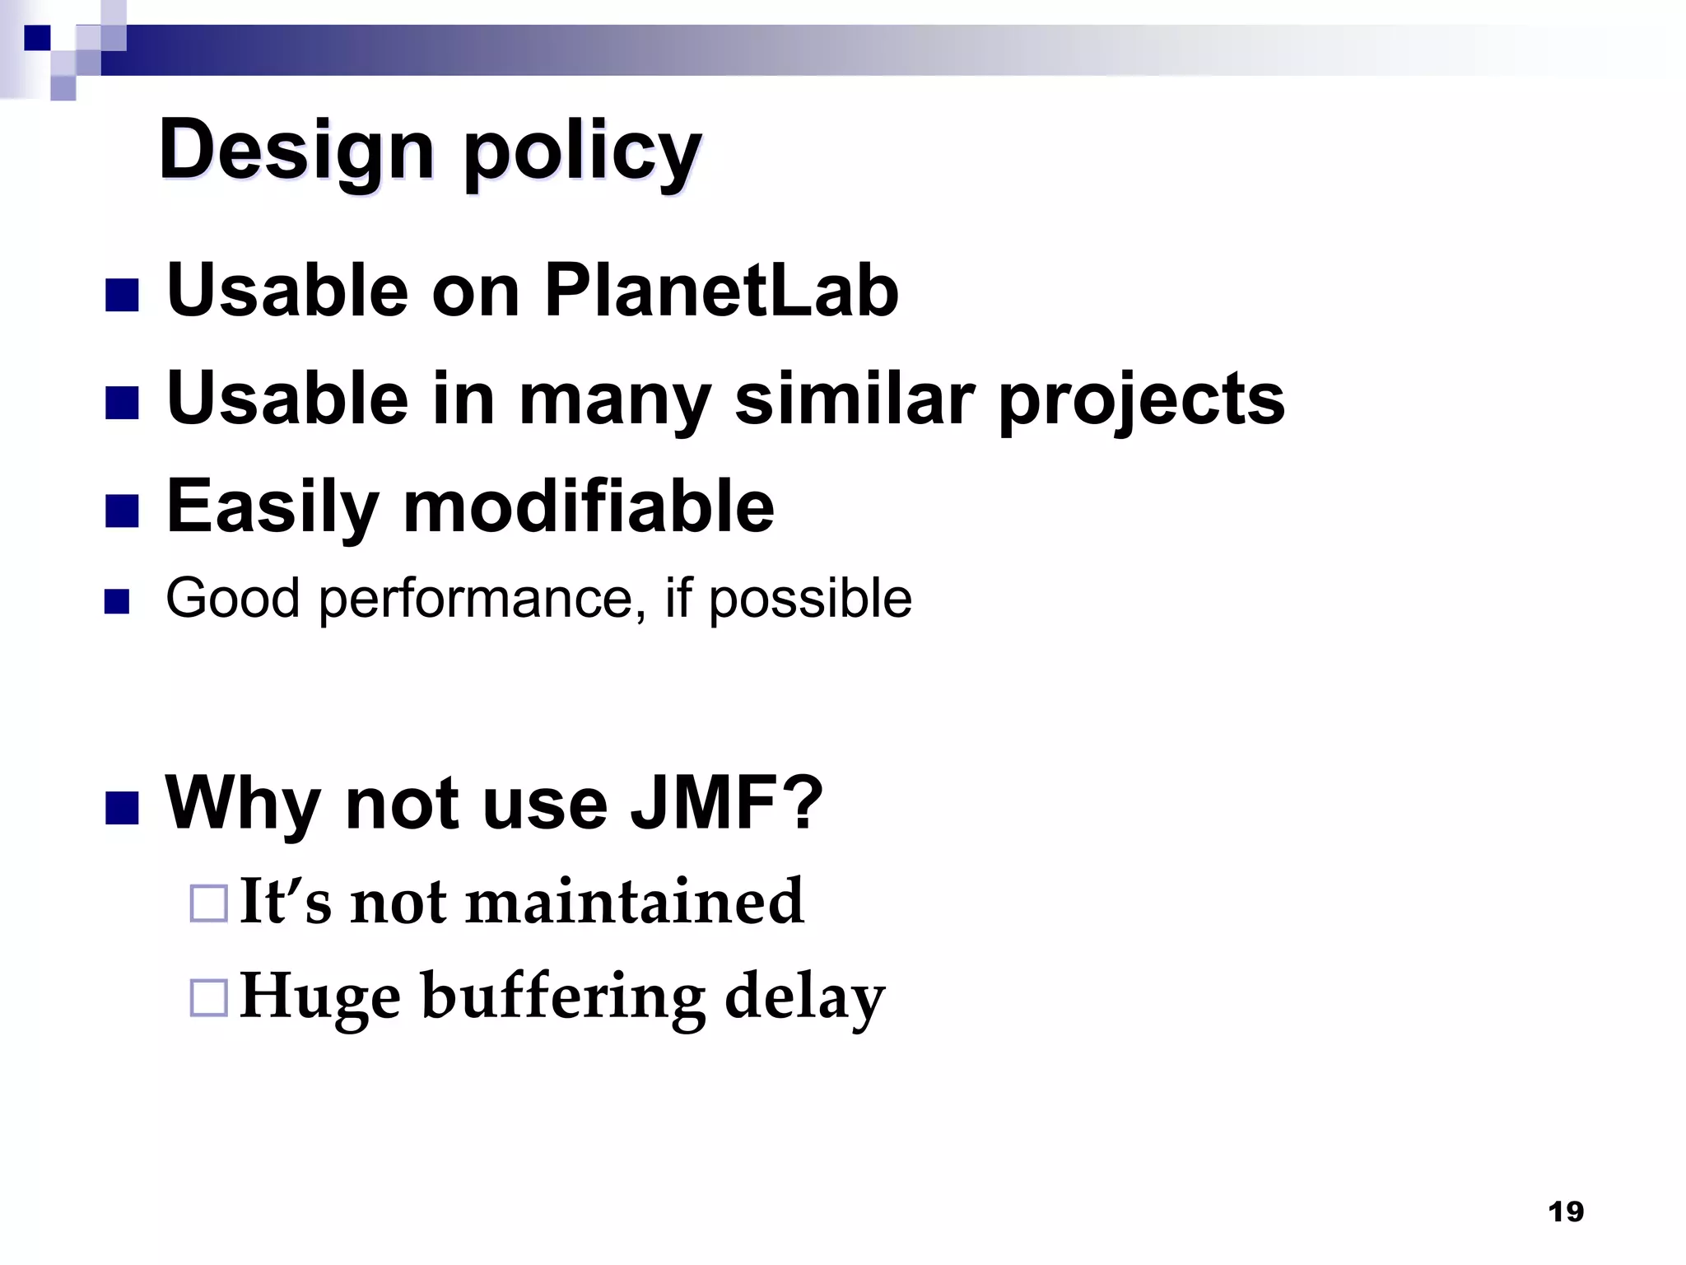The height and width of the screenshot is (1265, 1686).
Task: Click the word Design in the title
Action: coord(296,151)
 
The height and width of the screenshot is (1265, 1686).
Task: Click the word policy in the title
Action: coord(583,152)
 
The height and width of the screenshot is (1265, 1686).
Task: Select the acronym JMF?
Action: coord(727,803)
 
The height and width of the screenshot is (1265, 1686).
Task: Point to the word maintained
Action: coord(635,902)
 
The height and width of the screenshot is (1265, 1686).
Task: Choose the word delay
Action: coord(804,998)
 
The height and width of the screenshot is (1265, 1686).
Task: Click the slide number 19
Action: coord(1565,1211)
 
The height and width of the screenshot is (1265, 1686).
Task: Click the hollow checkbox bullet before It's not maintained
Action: coord(208,903)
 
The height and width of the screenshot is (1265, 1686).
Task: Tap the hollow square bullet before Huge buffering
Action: coord(208,998)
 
